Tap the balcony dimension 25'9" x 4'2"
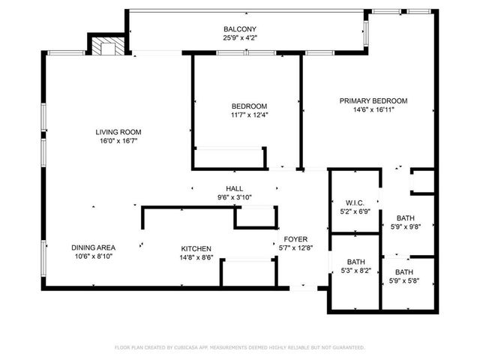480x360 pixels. coord(239,37)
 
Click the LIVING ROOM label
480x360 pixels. coord(118,132)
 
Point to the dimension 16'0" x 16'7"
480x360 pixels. coord(118,141)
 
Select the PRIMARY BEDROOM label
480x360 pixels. coord(373,100)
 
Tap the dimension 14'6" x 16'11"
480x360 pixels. coord(373,109)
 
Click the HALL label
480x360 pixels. coord(235,188)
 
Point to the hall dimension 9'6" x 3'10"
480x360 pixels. coord(235,197)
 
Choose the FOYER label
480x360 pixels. coord(285,238)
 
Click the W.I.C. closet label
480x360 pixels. coord(355,203)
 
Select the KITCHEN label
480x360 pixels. coord(196,248)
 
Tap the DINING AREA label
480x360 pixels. coord(93,247)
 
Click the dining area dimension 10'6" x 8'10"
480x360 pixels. coord(93,256)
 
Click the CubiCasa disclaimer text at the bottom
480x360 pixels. coord(239,347)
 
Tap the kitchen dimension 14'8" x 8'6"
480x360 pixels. coord(196,257)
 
